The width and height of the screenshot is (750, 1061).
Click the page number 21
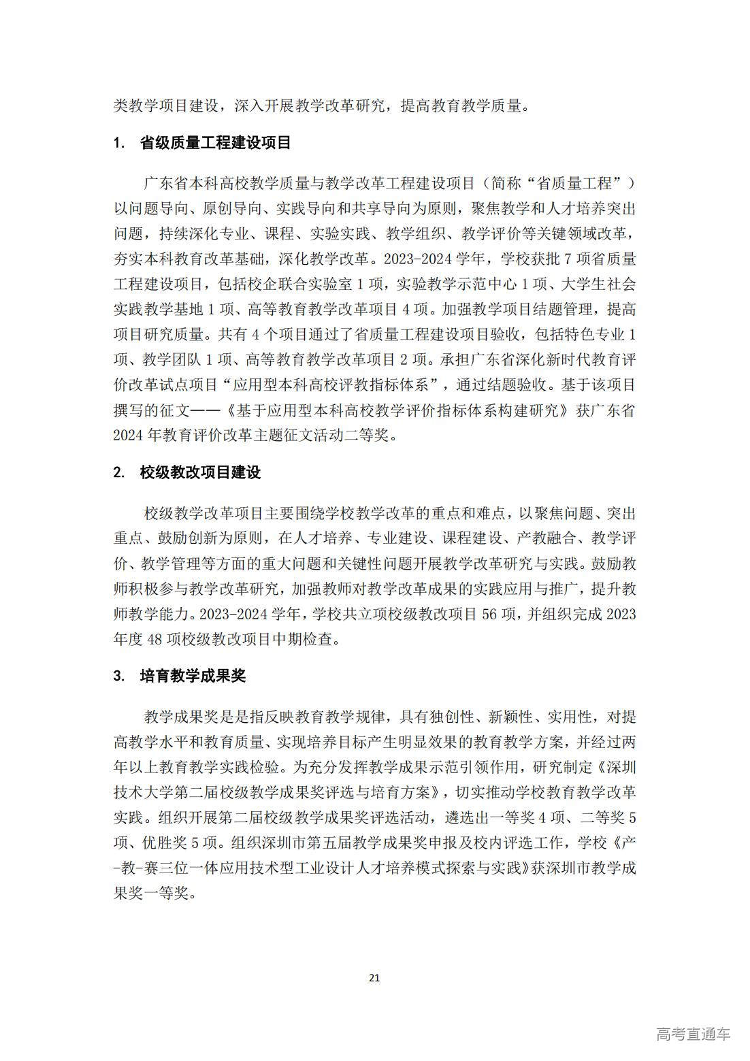[374, 978]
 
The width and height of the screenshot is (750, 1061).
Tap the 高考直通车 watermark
[694, 1033]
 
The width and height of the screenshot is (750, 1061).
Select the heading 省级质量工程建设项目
[215, 143]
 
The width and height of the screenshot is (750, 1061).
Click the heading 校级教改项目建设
[200, 472]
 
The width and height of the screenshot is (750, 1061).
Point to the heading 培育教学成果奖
[193, 676]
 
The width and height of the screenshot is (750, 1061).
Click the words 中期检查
[306, 639]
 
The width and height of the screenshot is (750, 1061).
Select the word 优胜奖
[159, 843]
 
